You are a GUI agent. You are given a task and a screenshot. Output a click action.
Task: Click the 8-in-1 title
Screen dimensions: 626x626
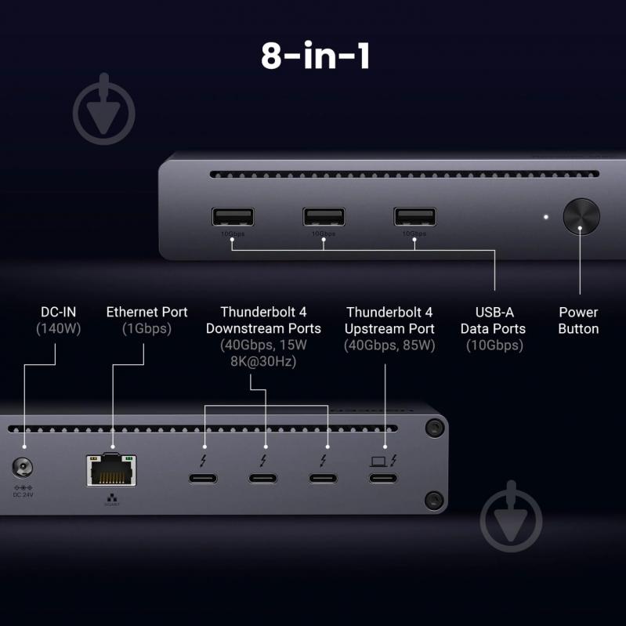coord(315,56)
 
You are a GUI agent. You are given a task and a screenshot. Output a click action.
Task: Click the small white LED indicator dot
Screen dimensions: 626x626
coord(546,217)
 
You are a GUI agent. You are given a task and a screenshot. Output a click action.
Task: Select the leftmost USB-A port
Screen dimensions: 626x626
coord(233,216)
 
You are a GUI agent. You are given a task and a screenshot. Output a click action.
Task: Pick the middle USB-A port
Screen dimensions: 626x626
coord(324,216)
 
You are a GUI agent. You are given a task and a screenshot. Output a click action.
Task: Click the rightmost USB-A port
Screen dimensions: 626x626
coord(414,216)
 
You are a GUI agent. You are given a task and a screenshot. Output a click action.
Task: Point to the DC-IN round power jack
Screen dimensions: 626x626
coord(24,469)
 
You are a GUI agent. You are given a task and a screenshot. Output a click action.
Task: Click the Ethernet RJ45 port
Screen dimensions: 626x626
coord(111,469)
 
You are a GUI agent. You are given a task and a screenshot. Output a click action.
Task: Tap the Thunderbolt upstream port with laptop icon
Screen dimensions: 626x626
coord(383,477)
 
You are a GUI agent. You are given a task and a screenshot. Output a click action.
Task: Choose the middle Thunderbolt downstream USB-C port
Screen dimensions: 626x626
coord(264,478)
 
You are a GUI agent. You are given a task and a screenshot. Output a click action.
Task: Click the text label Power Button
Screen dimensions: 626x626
coord(578,320)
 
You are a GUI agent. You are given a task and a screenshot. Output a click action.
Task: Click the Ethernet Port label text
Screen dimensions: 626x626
coord(147,312)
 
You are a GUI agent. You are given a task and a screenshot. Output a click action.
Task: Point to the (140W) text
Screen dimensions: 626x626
coord(58,329)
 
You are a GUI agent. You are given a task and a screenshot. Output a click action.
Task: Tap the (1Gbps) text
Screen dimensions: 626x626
coord(147,329)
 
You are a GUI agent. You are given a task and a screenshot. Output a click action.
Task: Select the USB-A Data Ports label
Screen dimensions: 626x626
coord(493,320)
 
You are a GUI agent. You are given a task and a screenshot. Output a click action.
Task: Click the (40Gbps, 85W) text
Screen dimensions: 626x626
coord(389,346)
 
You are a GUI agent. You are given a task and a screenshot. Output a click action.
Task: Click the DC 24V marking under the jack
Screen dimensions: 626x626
coord(23,494)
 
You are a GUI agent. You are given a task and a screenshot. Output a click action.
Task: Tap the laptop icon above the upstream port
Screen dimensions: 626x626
coord(378,460)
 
